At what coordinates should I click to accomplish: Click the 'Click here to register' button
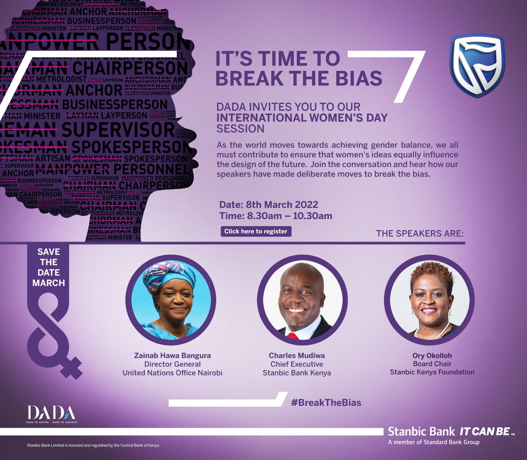pyautogui.click(x=256, y=232)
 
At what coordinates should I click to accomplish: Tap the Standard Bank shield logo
pyautogui.click(x=477, y=65)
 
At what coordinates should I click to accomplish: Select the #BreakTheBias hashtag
pyautogui.click(x=326, y=402)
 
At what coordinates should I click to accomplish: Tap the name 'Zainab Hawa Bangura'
pyautogui.click(x=172, y=355)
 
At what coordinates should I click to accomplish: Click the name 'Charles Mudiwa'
pyautogui.click(x=297, y=355)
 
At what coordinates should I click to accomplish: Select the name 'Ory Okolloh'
pyautogui.click(x=432, y=355)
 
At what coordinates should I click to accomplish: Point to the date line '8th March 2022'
pyautogui.click(x=269, y=205)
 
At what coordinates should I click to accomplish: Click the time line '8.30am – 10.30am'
pyautogui.click(x=276, y=216)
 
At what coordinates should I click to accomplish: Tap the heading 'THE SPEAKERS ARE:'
pyautogui.click(x=419, y=233)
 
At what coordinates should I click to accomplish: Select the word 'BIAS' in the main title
pyautogui.click(x=357, y=78)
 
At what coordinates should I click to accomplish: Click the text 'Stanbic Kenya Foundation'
pyautogui.click(x=432, y=372)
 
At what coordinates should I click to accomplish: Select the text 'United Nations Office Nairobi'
pyautogui.click(x=172, y=373)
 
